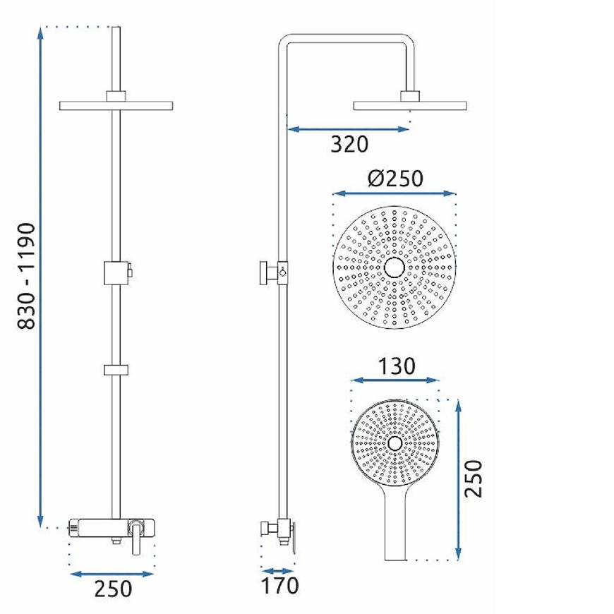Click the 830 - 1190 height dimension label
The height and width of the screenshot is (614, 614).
pyautogui.click(x=27, y=276)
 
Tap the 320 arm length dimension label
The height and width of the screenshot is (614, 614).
pyautogui.click(x=349, y=144)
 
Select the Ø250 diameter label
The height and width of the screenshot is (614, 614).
pyautogui.click(x=395, y=178)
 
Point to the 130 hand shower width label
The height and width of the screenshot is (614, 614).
pyautogui.click(x=397, y=366)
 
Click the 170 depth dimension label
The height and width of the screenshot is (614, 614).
pyautogui.click(x=279, y=586)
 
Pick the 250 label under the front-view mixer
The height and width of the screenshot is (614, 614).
pyautogui.click(x=113, y=589)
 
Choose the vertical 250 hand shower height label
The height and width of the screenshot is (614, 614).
pyautogui.click(x=473, y=478)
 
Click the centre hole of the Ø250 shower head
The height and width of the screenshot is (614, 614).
pyautogui.click(x=395, y=268)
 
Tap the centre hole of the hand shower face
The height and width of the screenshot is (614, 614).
pyautogui.click(x=395, y=443)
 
